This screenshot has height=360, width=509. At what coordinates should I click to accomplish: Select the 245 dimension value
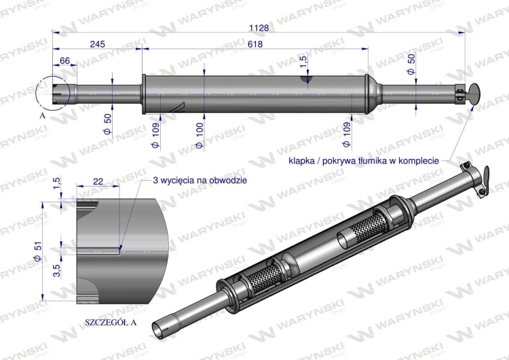coord(97,44)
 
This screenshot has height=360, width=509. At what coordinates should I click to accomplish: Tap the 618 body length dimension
coord(254,44)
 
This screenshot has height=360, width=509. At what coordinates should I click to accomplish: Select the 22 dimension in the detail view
coord(98,181)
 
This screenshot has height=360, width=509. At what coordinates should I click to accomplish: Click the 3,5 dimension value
coord(57,270)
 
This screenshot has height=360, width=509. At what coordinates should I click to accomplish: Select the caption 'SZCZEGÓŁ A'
coord(111,322)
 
